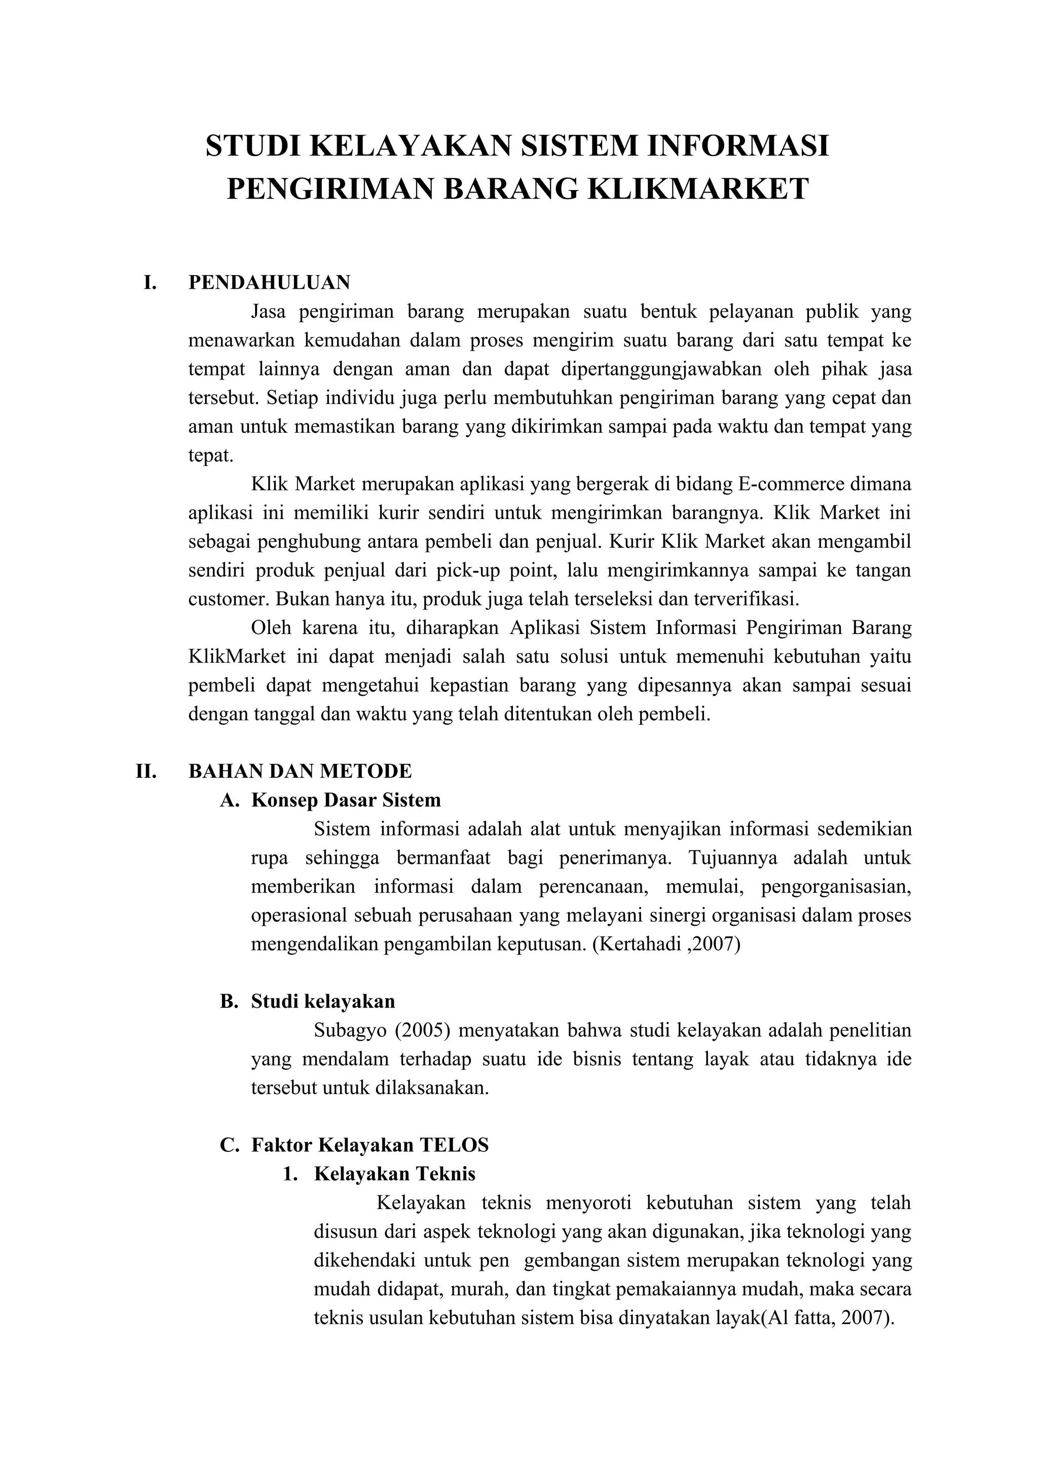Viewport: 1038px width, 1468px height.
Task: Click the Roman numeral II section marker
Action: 146,771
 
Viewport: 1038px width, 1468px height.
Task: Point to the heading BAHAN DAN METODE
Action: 300,771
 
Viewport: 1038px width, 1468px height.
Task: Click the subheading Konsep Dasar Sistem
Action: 346,800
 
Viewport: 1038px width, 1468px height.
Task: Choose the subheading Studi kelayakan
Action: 323,1001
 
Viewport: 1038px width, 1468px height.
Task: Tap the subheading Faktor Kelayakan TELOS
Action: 369,1145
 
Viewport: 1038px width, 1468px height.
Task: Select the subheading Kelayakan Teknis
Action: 395,1174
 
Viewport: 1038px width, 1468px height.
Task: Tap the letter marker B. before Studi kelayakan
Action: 229,1001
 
